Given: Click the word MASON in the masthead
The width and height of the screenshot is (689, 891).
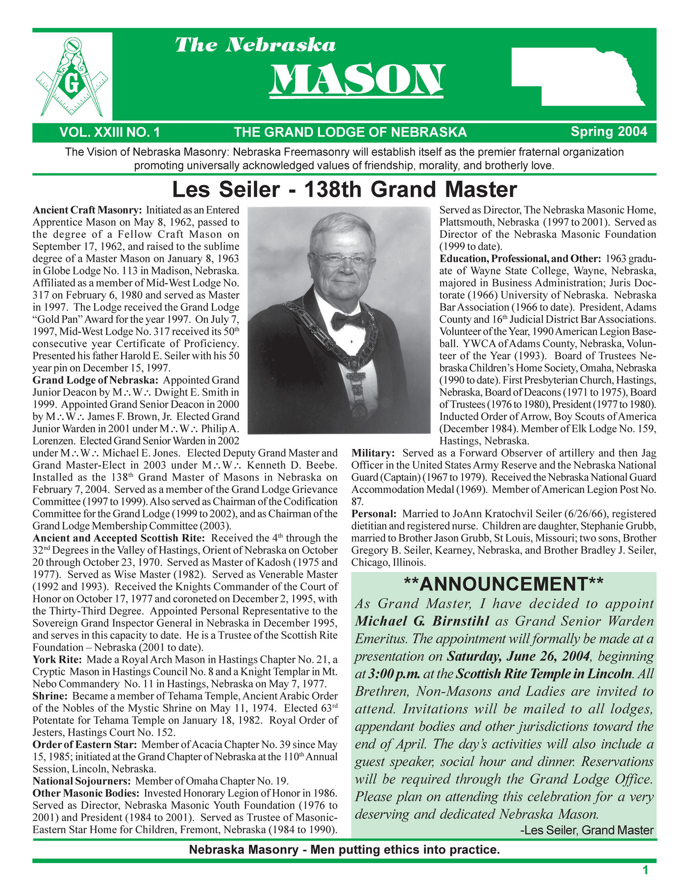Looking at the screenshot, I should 357,79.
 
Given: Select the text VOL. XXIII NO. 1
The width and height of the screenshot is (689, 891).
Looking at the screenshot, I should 110,132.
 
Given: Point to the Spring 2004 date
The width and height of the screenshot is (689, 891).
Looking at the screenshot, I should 609,131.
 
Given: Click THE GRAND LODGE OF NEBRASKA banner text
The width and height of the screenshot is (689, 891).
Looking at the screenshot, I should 350,132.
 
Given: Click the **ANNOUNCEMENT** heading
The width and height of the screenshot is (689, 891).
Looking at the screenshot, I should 504,584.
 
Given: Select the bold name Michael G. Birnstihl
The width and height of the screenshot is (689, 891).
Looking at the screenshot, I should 422,621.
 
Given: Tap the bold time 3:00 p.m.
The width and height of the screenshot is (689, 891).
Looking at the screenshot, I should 394,674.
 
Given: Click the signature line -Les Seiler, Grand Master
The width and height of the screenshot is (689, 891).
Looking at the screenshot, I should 587,830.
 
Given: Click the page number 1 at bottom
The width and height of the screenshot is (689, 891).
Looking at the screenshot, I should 645,870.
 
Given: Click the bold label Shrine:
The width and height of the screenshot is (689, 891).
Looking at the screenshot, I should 49,696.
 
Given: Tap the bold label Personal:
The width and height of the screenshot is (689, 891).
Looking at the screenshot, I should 373,514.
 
